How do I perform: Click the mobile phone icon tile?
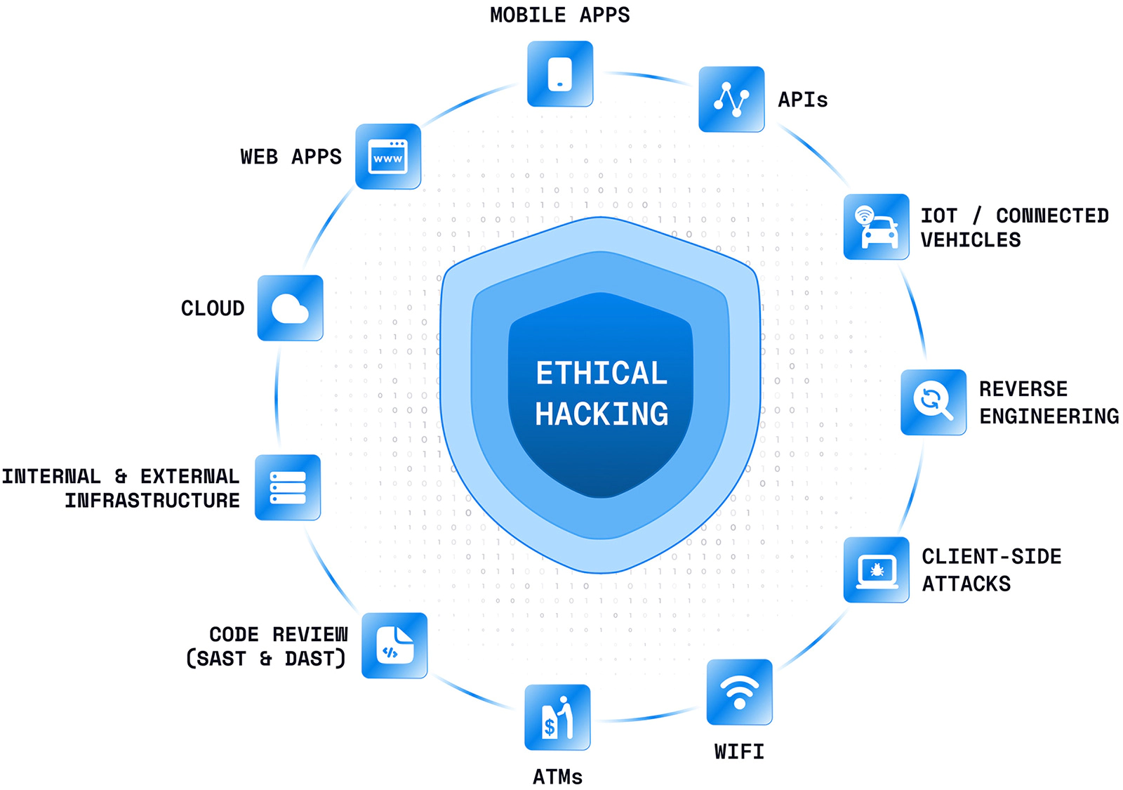(560, 74)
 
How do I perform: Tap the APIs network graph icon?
(731, 99)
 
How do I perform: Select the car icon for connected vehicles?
(877, 227)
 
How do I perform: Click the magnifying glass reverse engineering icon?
(933, 402)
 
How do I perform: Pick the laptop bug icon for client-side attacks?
(877, 570)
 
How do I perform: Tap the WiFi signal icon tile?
(739, 692)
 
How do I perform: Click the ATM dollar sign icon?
(557, 717)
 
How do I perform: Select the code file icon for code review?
(394, 645)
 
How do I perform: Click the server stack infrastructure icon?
(288, 487)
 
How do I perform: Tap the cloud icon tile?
(290, 308)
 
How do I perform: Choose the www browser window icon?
(388, 157)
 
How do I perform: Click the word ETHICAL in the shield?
(602, 373)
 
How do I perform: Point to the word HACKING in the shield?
(602, 414)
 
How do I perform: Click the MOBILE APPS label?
(559, 15)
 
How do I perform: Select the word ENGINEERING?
(1049, 416)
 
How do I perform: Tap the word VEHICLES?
(971, 240)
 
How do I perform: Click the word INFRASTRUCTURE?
(152, 501)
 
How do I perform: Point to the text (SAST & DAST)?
(266, 659)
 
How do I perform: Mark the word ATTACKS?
(966, 584)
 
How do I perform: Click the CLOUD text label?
(213, 308)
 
